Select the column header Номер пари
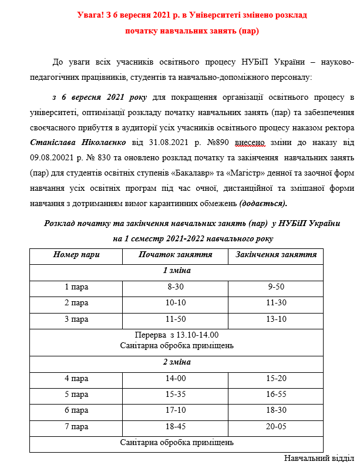(76, 255)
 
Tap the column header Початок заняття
(175, 255)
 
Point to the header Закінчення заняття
(276, 255)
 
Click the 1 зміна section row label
(177, 271)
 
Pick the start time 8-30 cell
(176, 287)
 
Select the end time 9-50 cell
(276, 287)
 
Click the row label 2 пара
(76, 303)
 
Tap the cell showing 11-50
(176, 319)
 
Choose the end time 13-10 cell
(276, 319)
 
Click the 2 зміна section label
(177, 362)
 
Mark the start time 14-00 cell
(176, 379)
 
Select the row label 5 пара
(76, 395)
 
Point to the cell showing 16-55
(276, 395)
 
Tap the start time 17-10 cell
(176, 410)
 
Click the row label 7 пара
(76, 426)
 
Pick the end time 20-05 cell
(276, 426)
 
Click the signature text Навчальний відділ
(319, 458)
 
